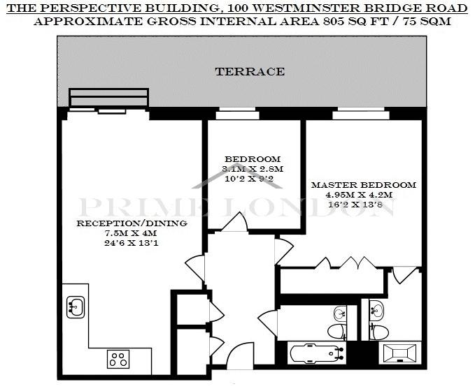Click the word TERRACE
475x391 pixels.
tap(250, 72)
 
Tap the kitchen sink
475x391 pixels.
tap(76, 307)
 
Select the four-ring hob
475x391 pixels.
tap(118, 359)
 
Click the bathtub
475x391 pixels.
tap(318, 353)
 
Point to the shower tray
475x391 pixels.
tap(400, 353)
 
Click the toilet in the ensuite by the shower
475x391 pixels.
tap(379, 332)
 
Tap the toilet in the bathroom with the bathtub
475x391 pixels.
tap(337, 332)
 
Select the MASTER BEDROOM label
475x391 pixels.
tap(364, 185)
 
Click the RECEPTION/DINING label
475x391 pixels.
tap(132, 223)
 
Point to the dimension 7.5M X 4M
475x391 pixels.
tap(131, 233)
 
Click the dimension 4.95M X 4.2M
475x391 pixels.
tap(359, 195)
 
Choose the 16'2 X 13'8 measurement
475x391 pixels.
tap(355, 205)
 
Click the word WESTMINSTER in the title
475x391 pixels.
tap(306, 8)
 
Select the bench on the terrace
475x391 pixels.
tap(108, 97)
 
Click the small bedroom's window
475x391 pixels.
tap(237, 113)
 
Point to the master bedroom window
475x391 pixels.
tap(361, 113)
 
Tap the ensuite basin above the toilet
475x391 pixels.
tap(376, 309)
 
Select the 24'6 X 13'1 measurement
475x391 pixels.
tap(132, 243)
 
